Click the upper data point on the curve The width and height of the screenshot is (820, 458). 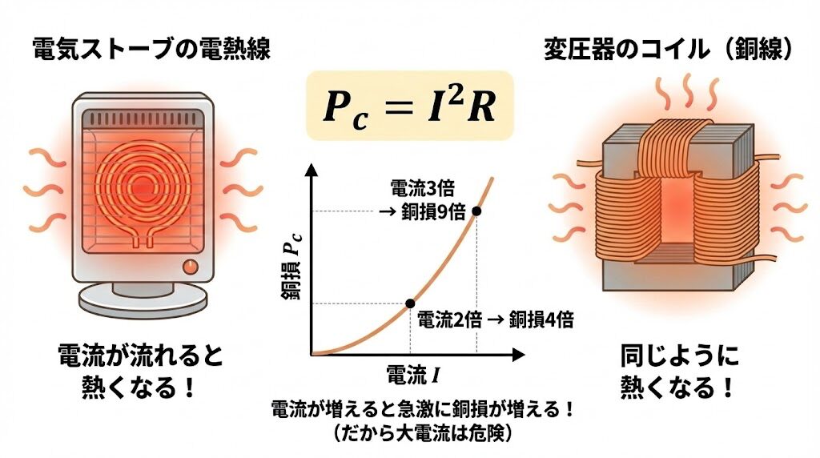pyautogui.click(x=477, y=211)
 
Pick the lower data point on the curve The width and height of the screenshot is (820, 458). pyautogui.click(x=410, y=303)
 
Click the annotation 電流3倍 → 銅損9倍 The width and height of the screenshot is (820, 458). pyautogui.click(x=421, y=201)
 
